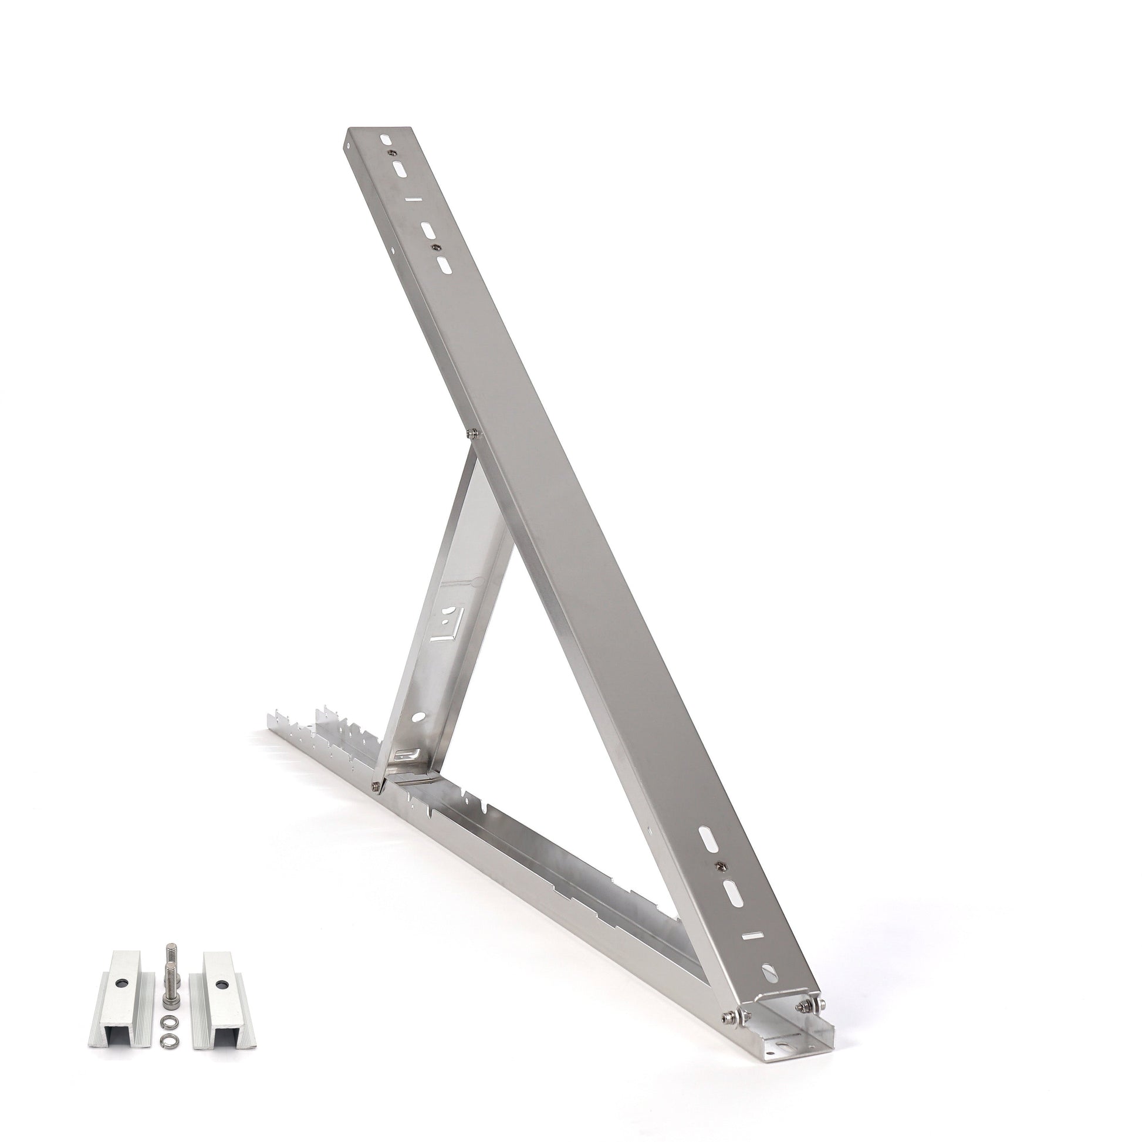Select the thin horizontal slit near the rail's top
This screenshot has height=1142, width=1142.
tap(414, 200)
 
